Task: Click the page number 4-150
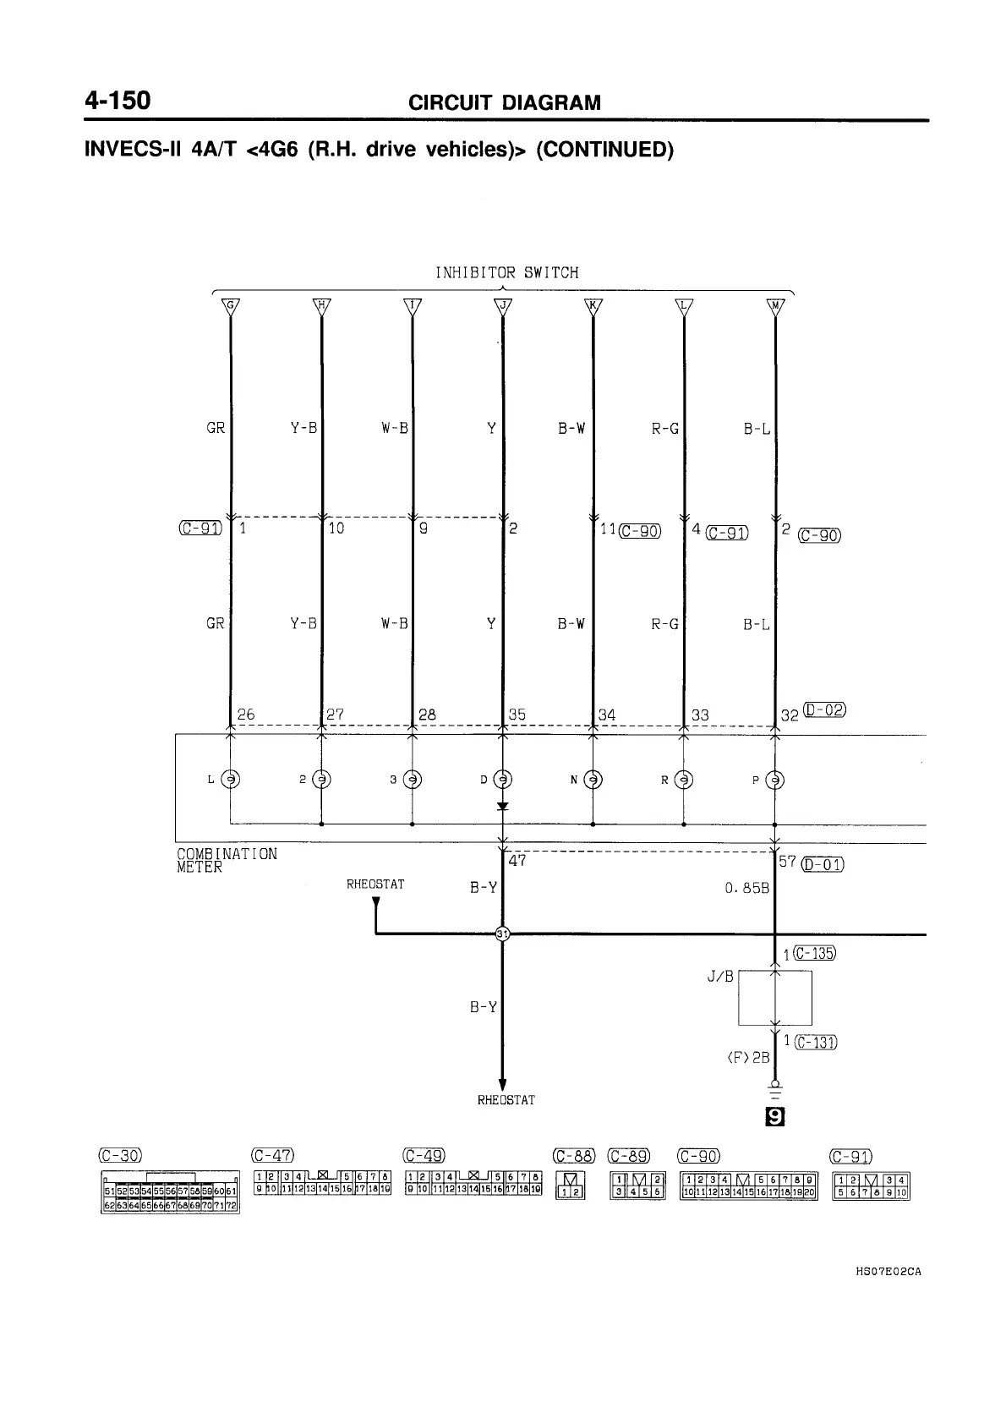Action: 118,101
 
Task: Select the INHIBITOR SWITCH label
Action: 506,273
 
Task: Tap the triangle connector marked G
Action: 229,306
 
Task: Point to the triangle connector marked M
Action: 774,306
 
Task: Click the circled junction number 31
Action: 502,934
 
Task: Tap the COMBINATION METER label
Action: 226,860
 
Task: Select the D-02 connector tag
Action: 825,709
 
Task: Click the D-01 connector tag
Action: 823,864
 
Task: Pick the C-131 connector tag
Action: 816,1042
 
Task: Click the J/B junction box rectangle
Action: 775,998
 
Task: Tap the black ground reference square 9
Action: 774,1118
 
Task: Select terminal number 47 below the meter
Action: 517,861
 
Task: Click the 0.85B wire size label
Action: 746,889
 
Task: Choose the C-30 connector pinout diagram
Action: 170,1193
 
